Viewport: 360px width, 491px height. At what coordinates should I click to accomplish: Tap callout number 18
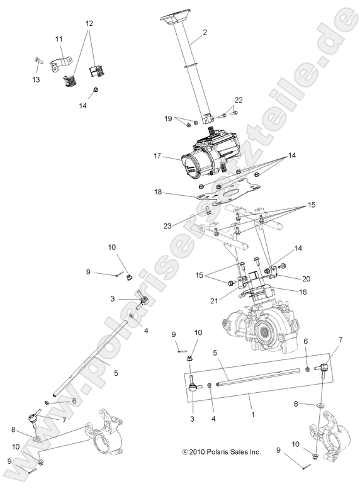click(x=158, y=193)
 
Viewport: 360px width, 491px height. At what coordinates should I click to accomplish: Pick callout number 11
click(x=59, y=40)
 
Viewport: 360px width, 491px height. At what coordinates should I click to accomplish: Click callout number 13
click(x=36, y=80)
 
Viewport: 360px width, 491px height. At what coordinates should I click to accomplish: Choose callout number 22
click(x=239, y=99)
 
